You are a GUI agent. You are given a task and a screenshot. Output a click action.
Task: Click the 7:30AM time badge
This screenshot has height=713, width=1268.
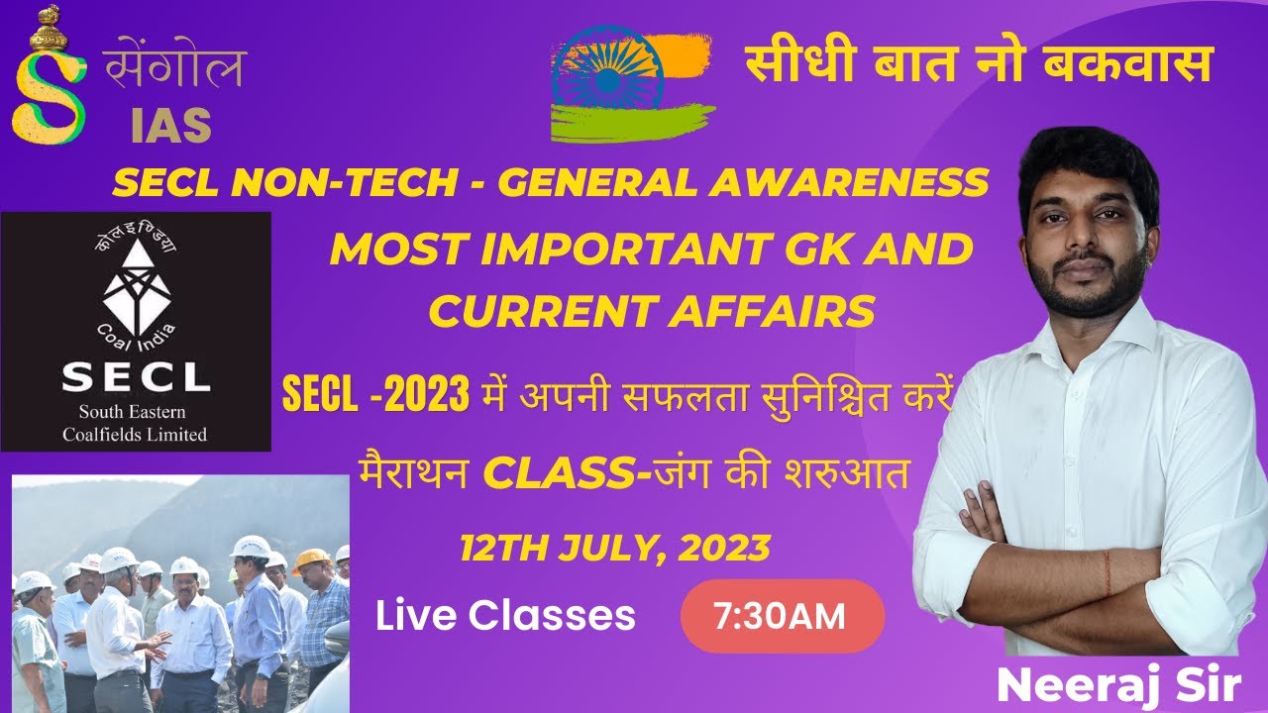click(782, 617)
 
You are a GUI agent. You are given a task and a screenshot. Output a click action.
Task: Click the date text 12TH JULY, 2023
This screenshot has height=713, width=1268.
click(614, 547)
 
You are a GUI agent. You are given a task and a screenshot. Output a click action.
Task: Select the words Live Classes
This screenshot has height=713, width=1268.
click(505, 616)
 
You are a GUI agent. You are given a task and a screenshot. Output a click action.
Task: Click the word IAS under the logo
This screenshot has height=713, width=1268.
click(170, 125)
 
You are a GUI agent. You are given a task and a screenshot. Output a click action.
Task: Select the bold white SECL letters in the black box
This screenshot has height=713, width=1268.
click(136, 377)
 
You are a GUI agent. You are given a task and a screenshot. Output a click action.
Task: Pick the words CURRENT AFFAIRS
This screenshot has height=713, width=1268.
click(652, 312)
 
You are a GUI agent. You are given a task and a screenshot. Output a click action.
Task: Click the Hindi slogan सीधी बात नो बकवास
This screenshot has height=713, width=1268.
click(979, 65)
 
